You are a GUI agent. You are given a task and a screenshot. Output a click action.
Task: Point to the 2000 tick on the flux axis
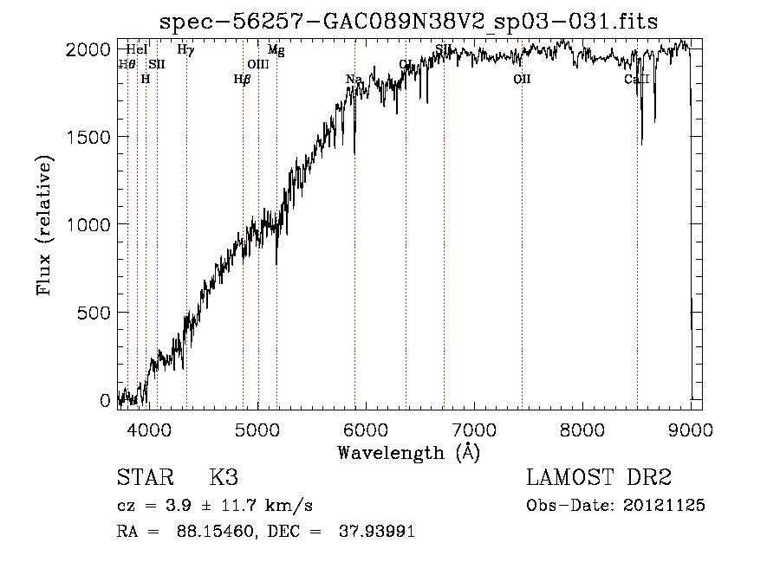[88, 49]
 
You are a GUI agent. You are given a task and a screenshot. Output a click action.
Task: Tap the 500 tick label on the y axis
[94, 313]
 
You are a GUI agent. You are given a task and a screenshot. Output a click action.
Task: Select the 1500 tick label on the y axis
[88, 137]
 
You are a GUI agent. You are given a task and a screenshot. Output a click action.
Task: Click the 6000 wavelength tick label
[365, 429]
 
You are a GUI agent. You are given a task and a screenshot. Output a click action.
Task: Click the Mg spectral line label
[276, 50]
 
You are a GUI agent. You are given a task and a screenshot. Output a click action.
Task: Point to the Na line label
[354, 80]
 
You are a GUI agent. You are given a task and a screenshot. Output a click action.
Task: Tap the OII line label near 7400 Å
[522, 80]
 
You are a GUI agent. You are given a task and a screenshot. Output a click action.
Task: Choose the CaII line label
[637, 80]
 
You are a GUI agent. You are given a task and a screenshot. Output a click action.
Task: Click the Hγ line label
[185, 50]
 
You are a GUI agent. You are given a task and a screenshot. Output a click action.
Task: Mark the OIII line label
[258, 64]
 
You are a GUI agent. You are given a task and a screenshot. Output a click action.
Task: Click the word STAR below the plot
[144, 478]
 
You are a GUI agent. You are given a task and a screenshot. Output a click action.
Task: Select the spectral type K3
[224, 478]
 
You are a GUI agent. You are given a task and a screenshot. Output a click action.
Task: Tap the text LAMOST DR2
[599, 478]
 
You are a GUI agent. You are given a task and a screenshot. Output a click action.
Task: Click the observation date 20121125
[667, 505]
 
